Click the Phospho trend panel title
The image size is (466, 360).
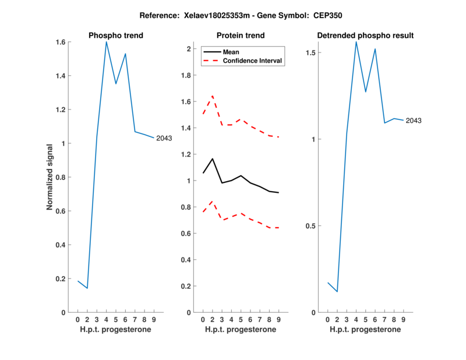click(x=116, y=36)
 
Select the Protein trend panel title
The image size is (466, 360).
click(x=241, y=36)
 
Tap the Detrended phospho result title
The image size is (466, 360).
click(x=365, y=36)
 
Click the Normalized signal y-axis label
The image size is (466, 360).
click(x=51, y=177)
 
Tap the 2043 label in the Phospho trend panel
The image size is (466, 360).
click(x=164, y=138)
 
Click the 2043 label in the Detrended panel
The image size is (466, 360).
click(x=414, y=121)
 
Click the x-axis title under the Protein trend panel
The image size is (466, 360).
click(x=241, y=330)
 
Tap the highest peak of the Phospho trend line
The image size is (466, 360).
click(x=106, y=41)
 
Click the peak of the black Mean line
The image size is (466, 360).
click(x=213, y=158)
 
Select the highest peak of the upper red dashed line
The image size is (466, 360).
click(x=213, y=96)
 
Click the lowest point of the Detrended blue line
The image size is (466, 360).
click(x=337, y=291)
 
